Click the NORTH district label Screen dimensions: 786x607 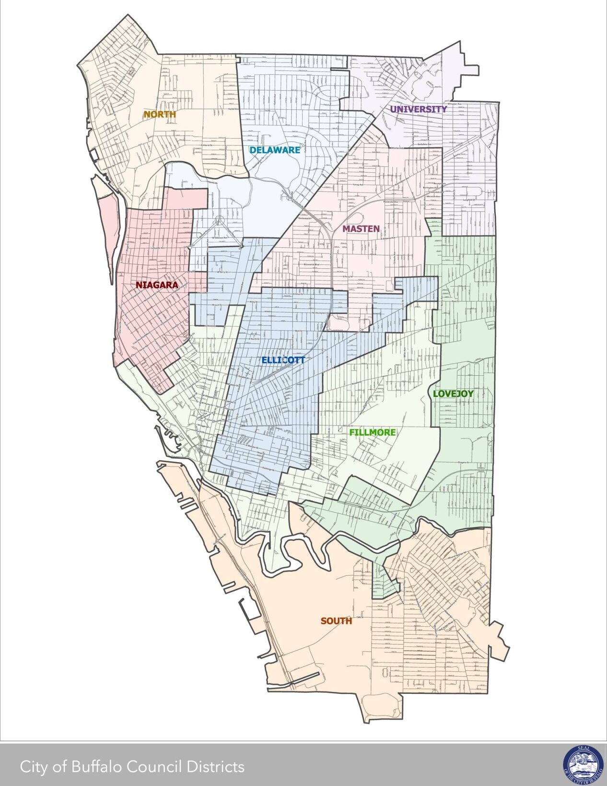(x=159, y=115)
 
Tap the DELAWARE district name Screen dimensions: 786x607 (x=274, y=150)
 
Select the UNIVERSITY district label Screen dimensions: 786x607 (x=418, y=109)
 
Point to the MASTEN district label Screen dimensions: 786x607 (x=361, y=229)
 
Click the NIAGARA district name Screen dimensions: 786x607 (x=156, y=285)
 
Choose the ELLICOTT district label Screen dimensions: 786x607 (x=283, y=360)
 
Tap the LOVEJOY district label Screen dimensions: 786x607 (x=453, y=393)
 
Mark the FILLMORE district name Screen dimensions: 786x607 (x=373, y=432)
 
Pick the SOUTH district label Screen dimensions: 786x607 (x=336, y=621)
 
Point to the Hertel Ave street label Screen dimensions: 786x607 (x=233, y=109)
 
